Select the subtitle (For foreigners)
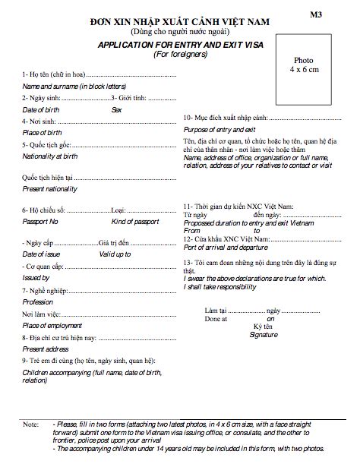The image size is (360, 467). tap(179, 55)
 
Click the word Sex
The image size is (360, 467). tap(116, 110)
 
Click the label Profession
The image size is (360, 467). tap(38, 301)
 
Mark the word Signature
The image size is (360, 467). tap(264, 333)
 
